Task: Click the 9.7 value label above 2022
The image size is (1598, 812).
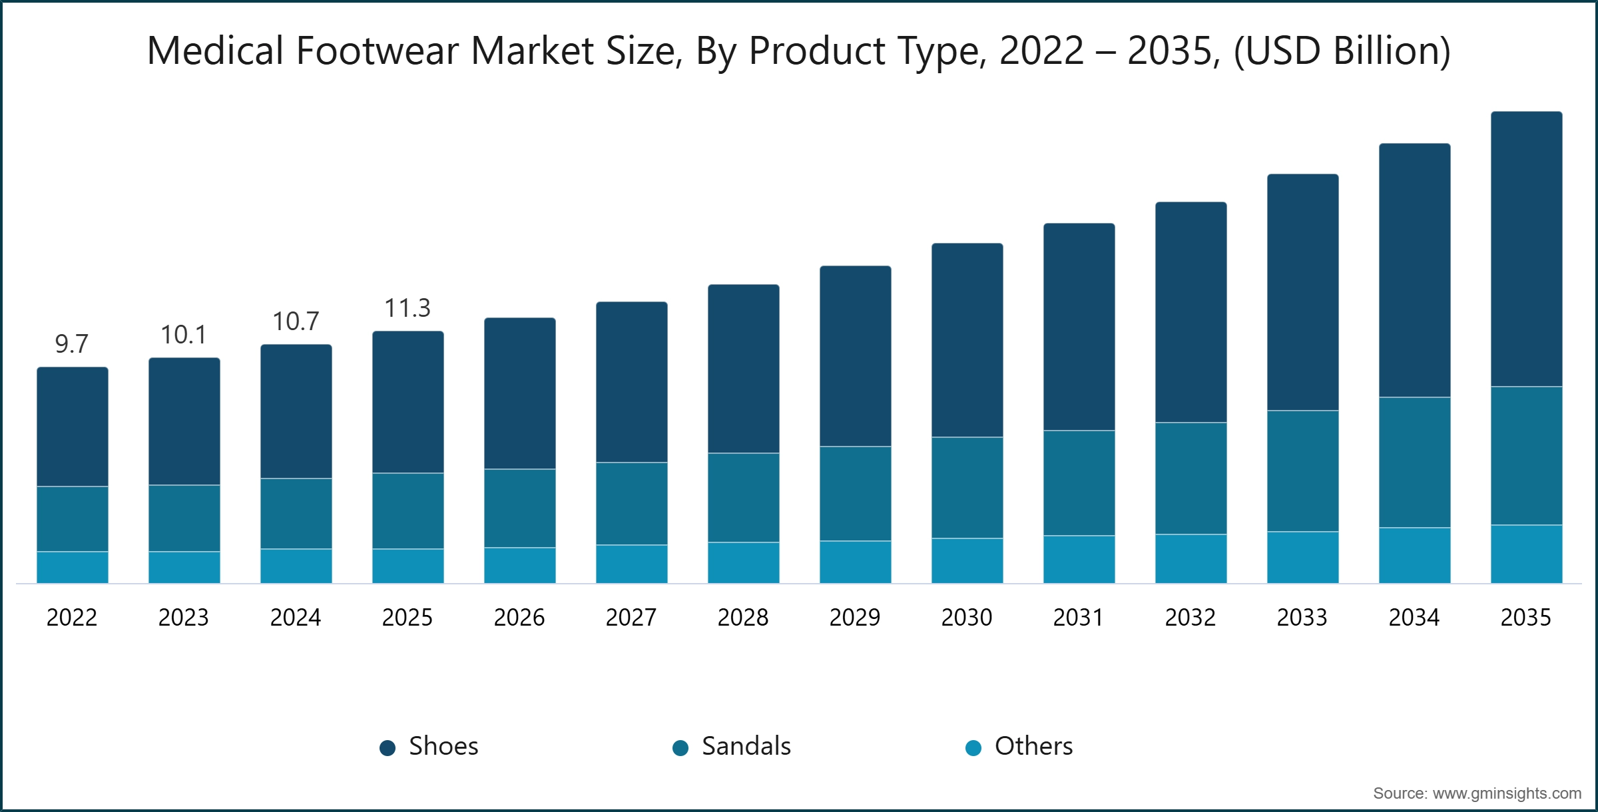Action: [71, 344]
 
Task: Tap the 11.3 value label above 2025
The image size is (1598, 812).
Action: [407, 308]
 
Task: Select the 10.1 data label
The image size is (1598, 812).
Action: [184, 335]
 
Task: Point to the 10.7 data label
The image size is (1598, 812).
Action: [296, 321]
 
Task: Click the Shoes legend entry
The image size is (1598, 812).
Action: [429, 746]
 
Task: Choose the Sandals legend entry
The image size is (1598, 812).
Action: [732, 746]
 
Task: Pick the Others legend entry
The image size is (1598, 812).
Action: [1020, 746]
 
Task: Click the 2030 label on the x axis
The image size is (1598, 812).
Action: [967, 618]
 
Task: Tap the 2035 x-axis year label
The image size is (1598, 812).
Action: [1525, 618]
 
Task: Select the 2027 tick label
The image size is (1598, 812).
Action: [631, 618]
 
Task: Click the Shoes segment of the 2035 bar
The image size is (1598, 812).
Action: [1526, 250]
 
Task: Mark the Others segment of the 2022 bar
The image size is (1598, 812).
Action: [73, 568]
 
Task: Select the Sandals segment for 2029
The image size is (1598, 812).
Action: [855, 493]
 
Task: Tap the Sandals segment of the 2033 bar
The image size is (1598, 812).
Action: [1302, 471]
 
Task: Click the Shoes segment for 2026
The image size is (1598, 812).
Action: [519, 393]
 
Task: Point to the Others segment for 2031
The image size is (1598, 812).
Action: [1079, 560]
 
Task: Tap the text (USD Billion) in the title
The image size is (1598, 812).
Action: [1342, 51]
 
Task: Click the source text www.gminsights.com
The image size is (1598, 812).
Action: [1506, 793]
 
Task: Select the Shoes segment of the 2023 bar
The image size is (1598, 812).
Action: [184, 421]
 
